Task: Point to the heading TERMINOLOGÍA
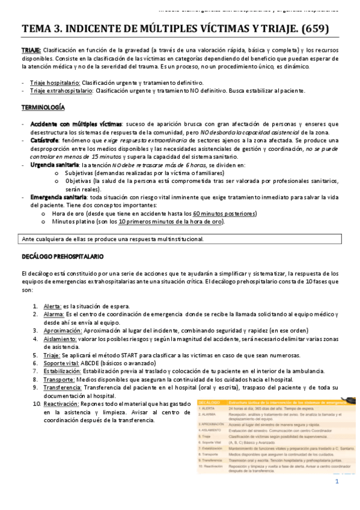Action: pyautogui.click(x=43, y=107)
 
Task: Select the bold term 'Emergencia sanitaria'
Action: pyautogui.click(x=58, y=197)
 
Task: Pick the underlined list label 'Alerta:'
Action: pyautogui.click(x=52, y=306)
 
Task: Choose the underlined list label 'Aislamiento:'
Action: pyautogui.click(x=59, y=339)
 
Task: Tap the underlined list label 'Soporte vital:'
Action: pyautogui.click(x=61, y=363)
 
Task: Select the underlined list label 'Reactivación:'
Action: pyautogui.click(x=63, y=405)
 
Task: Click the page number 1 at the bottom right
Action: pyautogui.click(x=337, y=481)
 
